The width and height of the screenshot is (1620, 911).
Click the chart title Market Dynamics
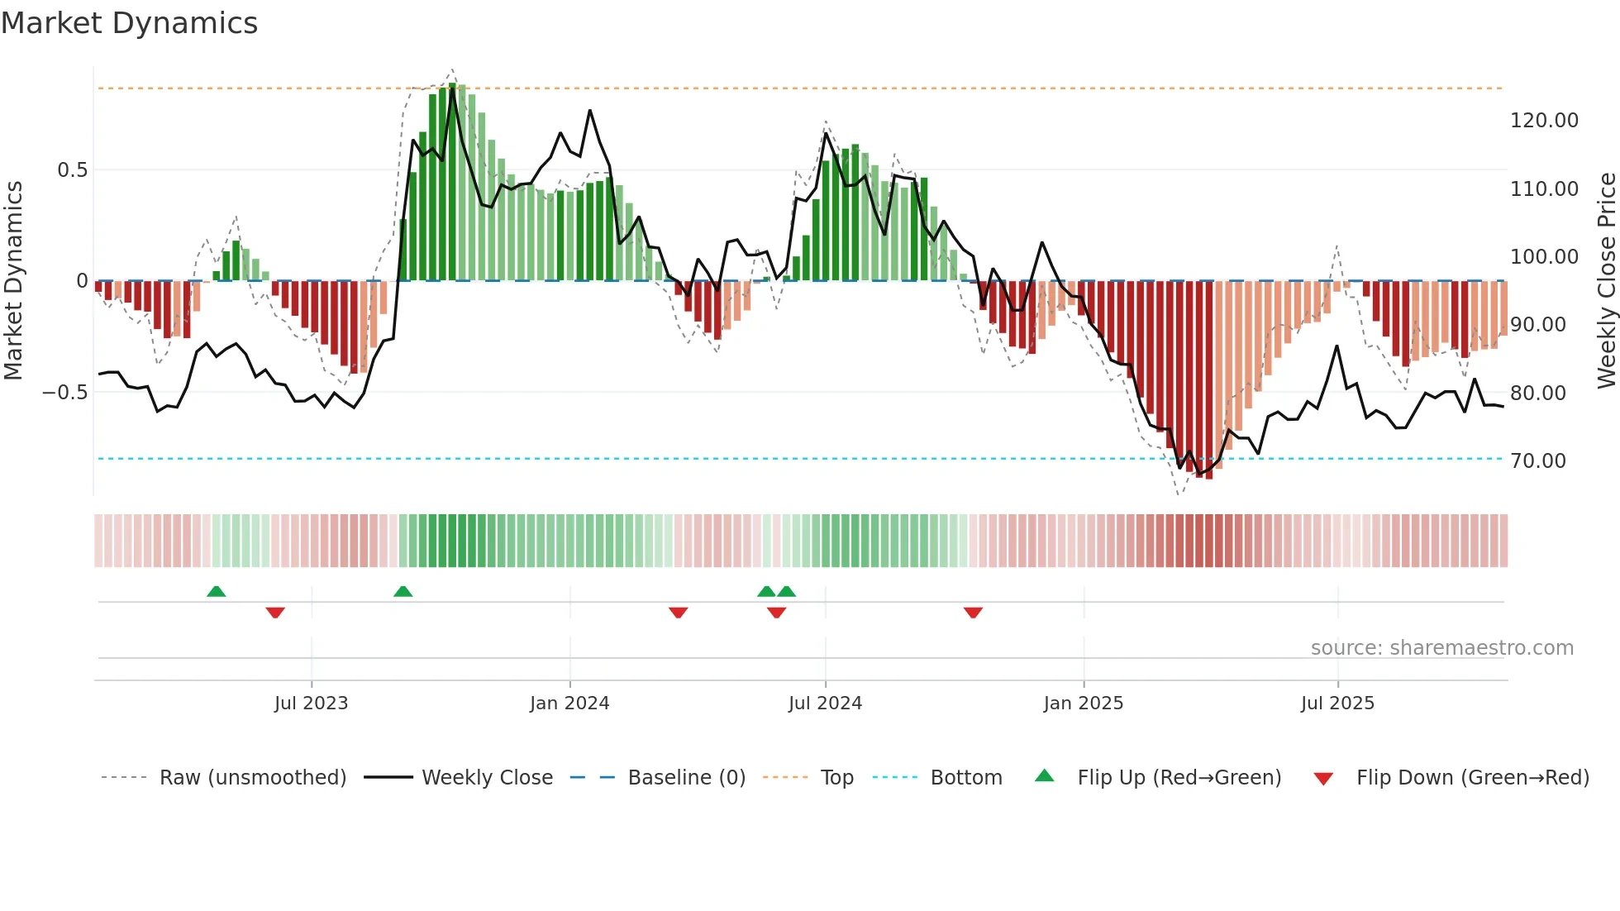point(129,23)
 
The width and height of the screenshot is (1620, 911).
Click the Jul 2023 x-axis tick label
point(311,704)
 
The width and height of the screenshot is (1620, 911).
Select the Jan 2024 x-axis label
point(569,704)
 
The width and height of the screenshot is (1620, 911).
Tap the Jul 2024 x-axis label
point(825,704)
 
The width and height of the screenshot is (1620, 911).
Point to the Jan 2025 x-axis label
point(1083,704)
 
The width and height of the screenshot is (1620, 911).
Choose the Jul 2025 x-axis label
point(1337,704)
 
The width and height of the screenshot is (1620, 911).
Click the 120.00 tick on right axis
point(1544,121)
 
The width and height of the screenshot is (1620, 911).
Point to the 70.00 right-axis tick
point(1537,461)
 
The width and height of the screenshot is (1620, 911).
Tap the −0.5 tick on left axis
point(64,393)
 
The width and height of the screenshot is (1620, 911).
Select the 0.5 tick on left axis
point(72,170)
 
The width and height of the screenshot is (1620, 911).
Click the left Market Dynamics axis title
point(13,281)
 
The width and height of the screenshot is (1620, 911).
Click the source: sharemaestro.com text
point(1441,648)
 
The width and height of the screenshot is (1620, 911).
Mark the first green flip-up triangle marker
point(216,592)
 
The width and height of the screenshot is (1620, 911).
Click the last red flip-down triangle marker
point(973,612)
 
